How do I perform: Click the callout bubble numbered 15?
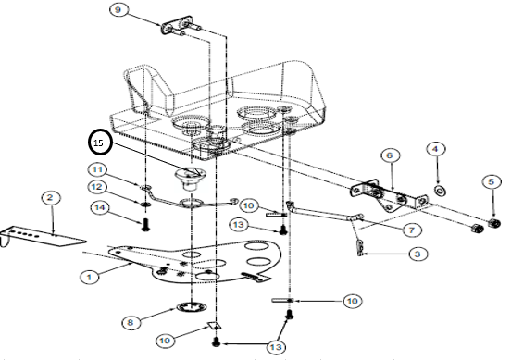pyautogui.click(x=100, y=143)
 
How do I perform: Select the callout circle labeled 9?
pyautogui.click(x=118, y=10)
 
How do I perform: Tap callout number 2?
pyautogui.click(x=50, y=198)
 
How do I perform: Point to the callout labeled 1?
pyautogui.click(x=89, y=278)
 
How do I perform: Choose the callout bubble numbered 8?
pyautogui.click(x=131, y=323)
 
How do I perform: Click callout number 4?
pyautogui.click(x=436, y=149)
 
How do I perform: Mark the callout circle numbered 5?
pyautogui.click(x=492, y=181)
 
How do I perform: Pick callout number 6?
pyautogui.click(x=390, y=155)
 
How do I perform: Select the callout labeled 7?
pyautogui.click(x=412, y=230)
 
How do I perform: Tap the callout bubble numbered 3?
pyautogui.click(x=418, y=254)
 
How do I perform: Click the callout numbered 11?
pyautogui.click(x=98, y=169)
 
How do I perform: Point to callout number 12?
pyautogui.click(x=98, y=187)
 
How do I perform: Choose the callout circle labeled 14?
pyautogui.click(x=100, y=207)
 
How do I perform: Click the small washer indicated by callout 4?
pyautogui.click(x=440, y=190)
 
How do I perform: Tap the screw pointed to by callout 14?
pyautogui.click(x=145, y=225)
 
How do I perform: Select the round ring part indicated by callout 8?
pyautogui.click(x=192, y=307)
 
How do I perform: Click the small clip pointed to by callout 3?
pyautogui.click(x=359, y=248)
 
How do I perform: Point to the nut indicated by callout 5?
pyautogui.click(x=494, y=223)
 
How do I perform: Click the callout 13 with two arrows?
pyautogui.click(x=276, y=347)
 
